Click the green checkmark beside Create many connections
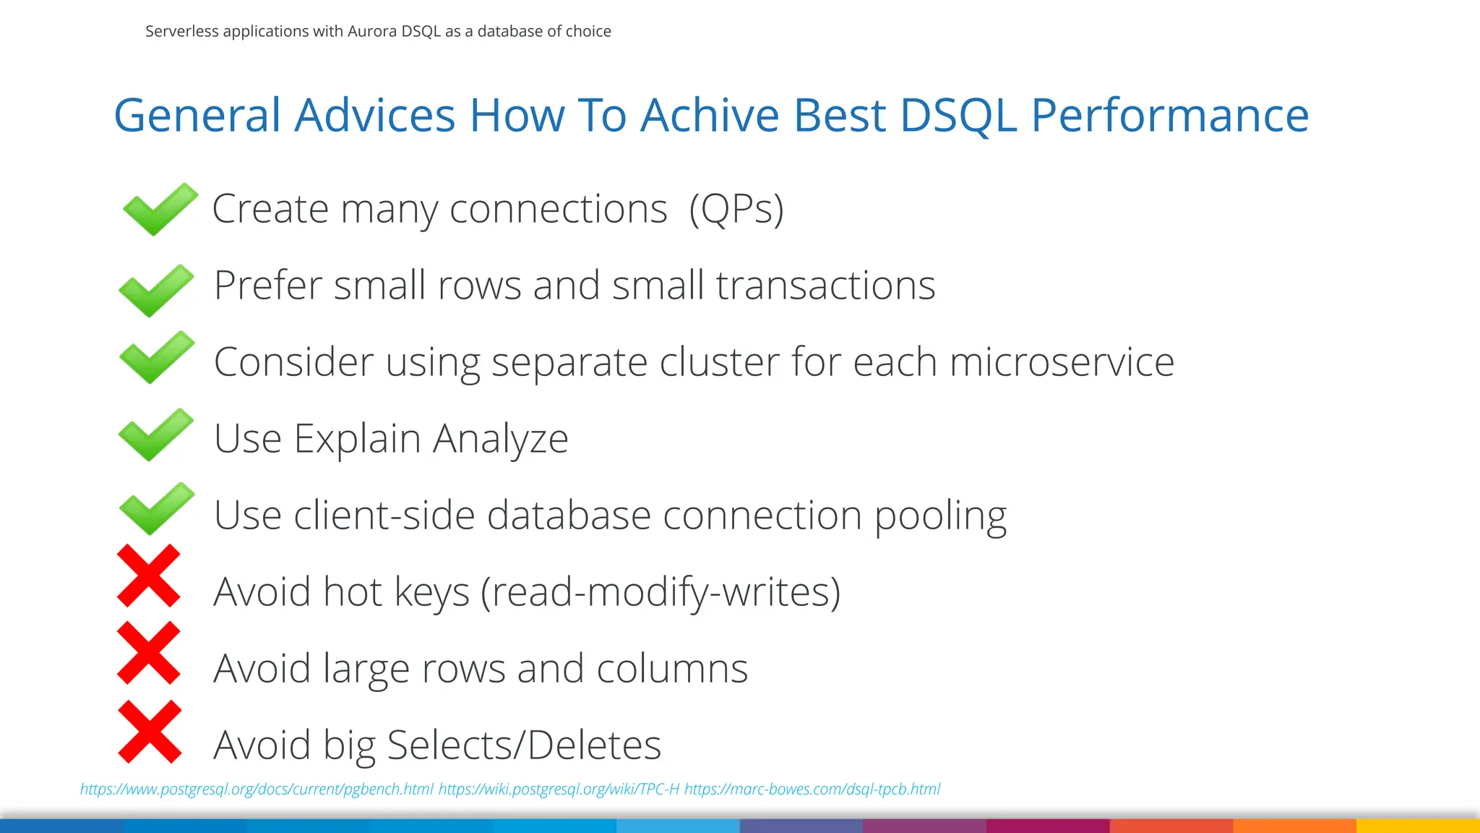coord(159,210)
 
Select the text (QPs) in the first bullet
coord(736,210)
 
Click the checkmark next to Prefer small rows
coord(156,290)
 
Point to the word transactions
coord(825,286)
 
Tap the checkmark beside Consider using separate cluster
coord(156,357)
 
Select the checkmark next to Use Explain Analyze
coord(155,435)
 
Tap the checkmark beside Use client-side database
coord(156,509)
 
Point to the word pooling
coord(940,516)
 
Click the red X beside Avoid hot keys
coord(148,576)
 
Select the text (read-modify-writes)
coord(661,592)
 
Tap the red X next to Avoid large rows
coord(148,652)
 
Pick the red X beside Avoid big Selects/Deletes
coord(149,731)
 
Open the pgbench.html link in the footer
coord(257,789)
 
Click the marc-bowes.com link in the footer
coord(812,789)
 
